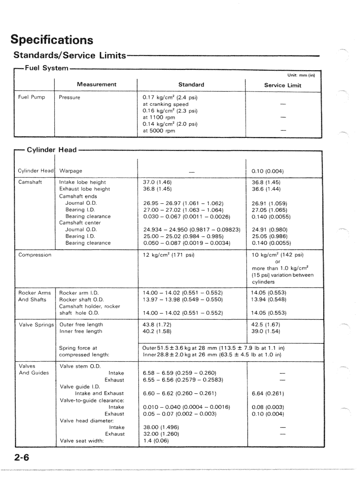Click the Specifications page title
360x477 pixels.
(x=52, y=40)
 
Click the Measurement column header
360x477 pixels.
(x=95, y=85)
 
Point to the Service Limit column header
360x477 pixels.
(x=282, y=85)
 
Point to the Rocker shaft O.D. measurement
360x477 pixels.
(x=82, y=300)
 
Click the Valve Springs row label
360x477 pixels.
(x=36, y=324)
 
